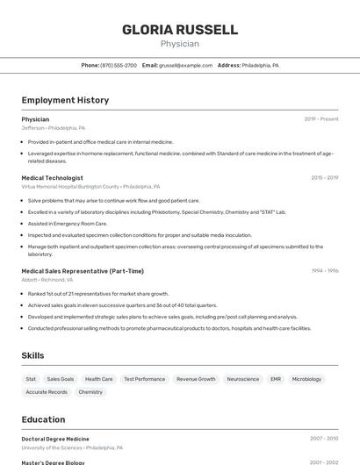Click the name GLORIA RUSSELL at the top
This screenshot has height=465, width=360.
(x=180, y=30)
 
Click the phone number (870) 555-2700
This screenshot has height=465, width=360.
(x=119, y=65)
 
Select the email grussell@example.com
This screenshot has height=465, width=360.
(x=186, y=65)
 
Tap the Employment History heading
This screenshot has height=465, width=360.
(x=65, y=100)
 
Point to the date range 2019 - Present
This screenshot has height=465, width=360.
(x=321, y=119)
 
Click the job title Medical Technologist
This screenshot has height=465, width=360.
(x=53, y=177)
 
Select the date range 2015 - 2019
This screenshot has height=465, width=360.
(x=324, y=177)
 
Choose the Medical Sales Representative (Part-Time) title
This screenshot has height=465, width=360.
(x=83, y=271)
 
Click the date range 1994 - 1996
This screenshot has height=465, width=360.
(x=324, y=271)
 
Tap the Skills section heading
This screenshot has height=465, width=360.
(x=33, y=355)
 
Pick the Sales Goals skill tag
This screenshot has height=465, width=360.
(x=61, y=379)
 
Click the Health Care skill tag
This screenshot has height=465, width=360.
(x=99, y=379)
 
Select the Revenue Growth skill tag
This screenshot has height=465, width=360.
(x=196, y=379)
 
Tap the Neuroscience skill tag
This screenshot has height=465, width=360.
(x=243, y=379)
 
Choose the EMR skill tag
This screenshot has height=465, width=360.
(x=276, y=379)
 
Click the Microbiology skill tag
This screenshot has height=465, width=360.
(x=306, y=379)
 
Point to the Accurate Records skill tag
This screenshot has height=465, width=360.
(x=47, y=392)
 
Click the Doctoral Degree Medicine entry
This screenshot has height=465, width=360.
(x=55, y=439)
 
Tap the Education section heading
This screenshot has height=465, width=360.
(x=43, y=419)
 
